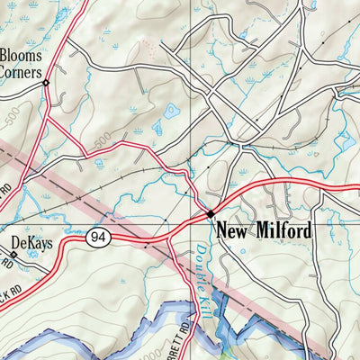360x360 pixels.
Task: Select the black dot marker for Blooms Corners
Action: point(47,83)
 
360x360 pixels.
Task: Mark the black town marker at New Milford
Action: point(210,214)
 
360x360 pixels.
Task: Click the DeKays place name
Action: point(31,241)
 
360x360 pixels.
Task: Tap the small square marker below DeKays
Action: point(13,255)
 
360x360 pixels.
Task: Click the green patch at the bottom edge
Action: point(236,346)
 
